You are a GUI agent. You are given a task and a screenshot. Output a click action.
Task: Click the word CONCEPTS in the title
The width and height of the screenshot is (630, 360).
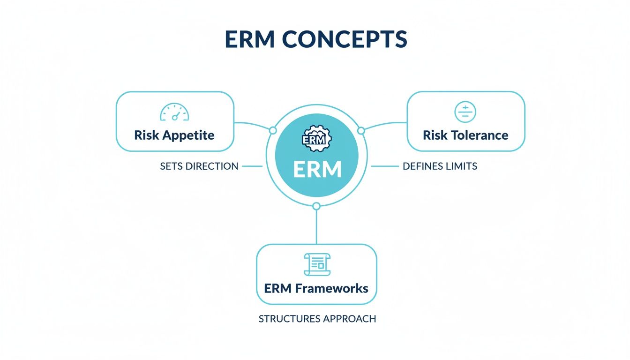(345, 39)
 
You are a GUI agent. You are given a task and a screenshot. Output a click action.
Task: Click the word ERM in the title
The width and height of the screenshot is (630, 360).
(250, 39)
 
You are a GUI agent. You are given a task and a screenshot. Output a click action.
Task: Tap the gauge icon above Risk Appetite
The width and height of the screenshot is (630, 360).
(175, 112)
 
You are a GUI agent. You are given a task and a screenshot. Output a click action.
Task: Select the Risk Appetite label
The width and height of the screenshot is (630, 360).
(174, 135)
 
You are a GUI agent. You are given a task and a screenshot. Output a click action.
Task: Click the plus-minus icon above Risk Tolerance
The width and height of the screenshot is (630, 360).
(465, 112)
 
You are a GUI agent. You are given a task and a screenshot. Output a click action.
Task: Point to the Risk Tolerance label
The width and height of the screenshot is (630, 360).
(466, 135)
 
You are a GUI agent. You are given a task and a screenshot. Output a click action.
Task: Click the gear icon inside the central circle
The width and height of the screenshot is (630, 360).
(317, 139)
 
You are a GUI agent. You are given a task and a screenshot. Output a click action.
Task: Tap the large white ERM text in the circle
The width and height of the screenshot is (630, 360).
(317, 169)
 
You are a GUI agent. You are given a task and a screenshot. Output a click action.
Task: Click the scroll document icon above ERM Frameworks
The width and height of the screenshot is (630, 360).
(317, 264)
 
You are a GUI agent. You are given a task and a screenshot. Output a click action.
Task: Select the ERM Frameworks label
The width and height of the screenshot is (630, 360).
(316, 289)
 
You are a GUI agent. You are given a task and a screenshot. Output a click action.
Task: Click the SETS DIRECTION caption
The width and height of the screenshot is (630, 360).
(199, 166)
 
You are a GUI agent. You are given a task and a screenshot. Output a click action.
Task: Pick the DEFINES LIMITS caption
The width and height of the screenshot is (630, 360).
(440, 166)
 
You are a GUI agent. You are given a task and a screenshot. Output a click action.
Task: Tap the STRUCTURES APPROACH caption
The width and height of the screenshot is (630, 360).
(317, 319)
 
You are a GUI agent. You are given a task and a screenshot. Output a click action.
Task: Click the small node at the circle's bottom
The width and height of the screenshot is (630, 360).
(316, 206)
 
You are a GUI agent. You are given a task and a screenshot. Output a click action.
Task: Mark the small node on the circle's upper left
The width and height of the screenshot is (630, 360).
(273, 130)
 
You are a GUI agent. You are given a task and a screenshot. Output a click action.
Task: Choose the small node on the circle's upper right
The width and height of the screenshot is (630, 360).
(361, 130)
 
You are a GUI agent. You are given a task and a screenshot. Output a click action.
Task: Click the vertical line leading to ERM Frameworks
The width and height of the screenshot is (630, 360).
(316, 227)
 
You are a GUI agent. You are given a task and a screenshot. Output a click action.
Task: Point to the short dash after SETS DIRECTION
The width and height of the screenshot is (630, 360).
(252, 166)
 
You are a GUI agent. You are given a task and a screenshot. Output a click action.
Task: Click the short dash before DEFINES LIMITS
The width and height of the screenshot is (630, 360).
(385, 166)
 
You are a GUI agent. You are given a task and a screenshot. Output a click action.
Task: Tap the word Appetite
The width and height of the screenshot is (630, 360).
(188, 135)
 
